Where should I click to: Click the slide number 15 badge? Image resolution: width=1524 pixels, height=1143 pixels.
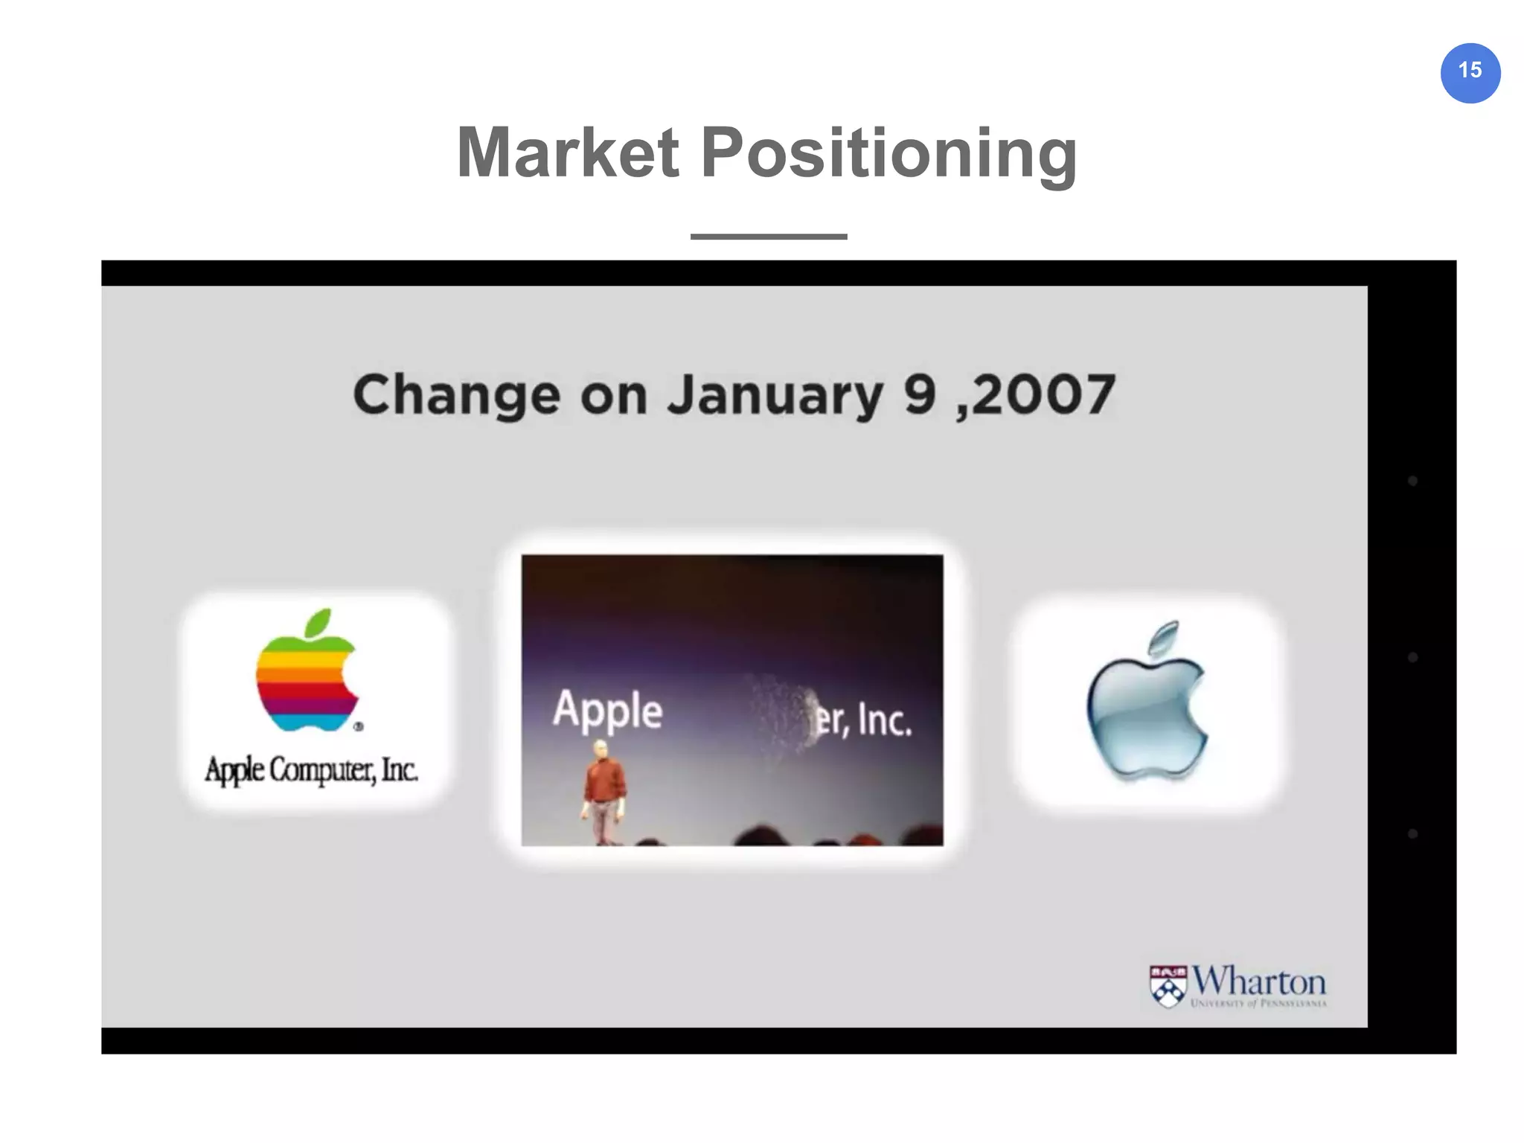click(x=1470, y=72)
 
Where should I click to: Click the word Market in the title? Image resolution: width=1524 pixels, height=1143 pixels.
click(x=567, y=153)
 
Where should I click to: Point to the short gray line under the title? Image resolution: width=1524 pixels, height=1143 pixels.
click(x=768, y=237)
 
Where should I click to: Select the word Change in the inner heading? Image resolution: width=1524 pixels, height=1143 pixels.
click(x=455, y=395)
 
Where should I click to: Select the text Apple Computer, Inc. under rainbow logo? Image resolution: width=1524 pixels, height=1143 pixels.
click(x=311, y=770)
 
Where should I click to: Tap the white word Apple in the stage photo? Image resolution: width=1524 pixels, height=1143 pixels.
click(x=607, y=711)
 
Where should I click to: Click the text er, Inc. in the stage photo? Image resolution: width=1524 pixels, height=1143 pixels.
click(x=863, y=720)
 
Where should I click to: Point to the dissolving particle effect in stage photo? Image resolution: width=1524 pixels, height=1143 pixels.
click(x=781, y=711)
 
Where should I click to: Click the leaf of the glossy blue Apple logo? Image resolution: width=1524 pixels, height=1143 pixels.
click(x=1165, y=638)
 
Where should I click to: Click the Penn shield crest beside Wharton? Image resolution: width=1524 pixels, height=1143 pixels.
click(x=1168, y=987)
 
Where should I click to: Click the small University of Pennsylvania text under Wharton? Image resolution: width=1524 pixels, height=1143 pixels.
click(x=1258, y=1004)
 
